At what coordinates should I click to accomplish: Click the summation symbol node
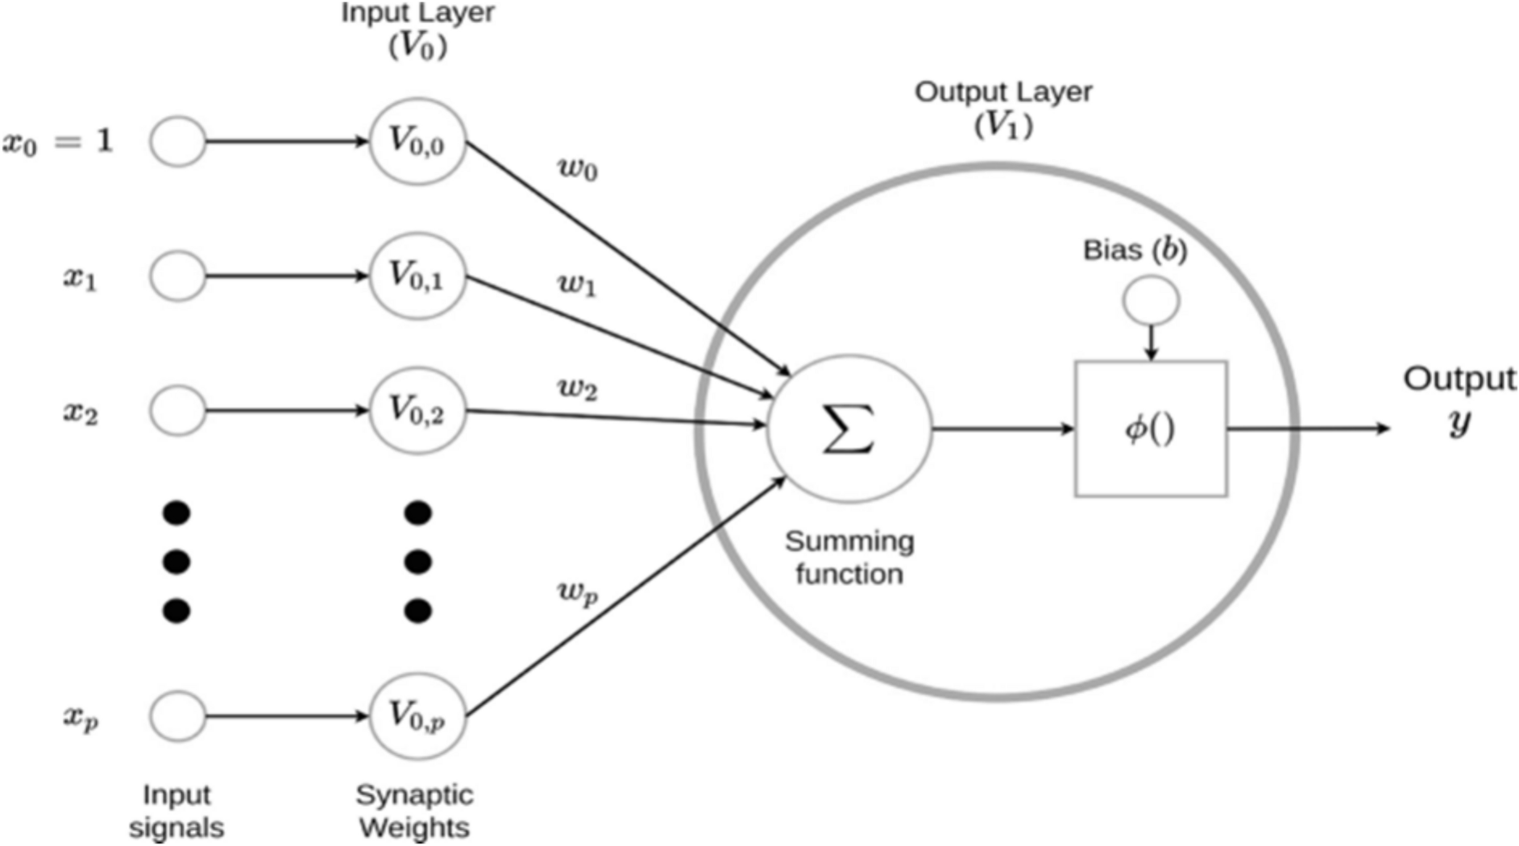point(849,429)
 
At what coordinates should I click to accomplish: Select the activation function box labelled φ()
point(1151,429)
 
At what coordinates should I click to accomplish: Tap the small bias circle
point(1151,301)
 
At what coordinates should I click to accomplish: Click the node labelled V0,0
point(417,142)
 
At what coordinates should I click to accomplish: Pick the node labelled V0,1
point(417,276)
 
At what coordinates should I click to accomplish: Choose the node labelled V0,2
point(417,410)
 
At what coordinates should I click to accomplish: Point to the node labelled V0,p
point(417,715)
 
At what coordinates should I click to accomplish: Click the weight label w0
point(578,169)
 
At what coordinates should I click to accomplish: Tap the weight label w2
point(578,389)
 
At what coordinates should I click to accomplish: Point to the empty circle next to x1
point(177,276)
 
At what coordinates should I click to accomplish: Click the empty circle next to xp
point(177,715)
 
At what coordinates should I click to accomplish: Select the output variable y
point(1459,421)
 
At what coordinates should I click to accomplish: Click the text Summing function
point(849,558)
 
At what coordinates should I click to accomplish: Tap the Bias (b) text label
point(1135,250)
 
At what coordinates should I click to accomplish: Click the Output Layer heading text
point(1002,92)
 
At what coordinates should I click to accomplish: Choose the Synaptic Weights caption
point(414,811)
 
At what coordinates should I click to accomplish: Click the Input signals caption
point(176,811)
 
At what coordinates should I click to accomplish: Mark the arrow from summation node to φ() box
point(1003,429)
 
